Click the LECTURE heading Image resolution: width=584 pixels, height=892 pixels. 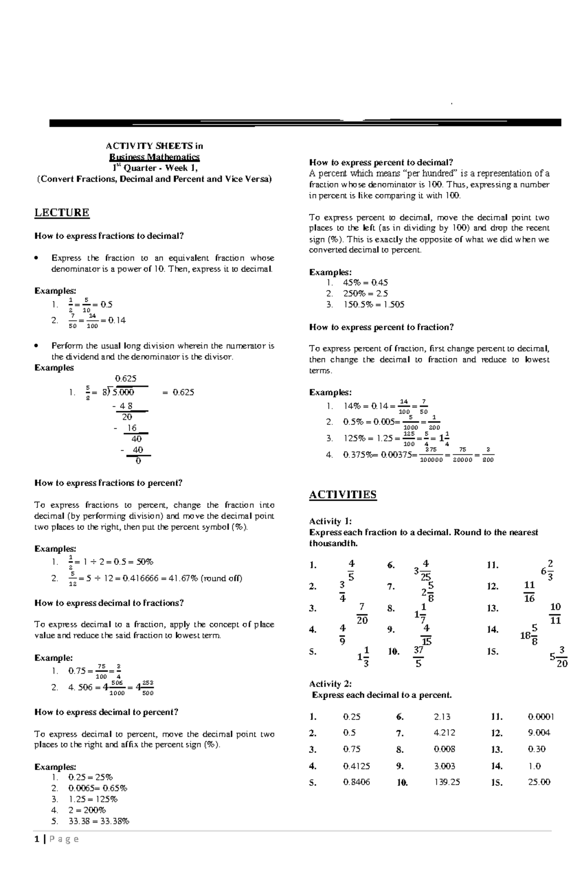62,212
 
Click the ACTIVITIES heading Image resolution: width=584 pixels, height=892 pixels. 343,494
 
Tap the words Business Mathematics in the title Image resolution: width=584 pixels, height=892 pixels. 154,157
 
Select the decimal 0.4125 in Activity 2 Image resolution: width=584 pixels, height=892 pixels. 356,766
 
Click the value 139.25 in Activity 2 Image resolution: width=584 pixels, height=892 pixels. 447,782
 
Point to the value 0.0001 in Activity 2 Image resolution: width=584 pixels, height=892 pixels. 541,717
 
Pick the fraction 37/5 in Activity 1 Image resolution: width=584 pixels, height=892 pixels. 418,656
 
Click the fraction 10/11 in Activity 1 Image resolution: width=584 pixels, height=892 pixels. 555,613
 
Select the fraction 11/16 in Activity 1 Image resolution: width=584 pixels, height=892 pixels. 529,592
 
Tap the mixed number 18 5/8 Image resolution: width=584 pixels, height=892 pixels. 529,634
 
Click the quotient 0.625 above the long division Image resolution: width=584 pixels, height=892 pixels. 126,378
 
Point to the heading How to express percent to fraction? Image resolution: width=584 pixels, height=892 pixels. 381,327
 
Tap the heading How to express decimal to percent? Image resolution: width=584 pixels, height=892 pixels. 106,712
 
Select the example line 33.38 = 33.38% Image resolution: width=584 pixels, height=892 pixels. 99,821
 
